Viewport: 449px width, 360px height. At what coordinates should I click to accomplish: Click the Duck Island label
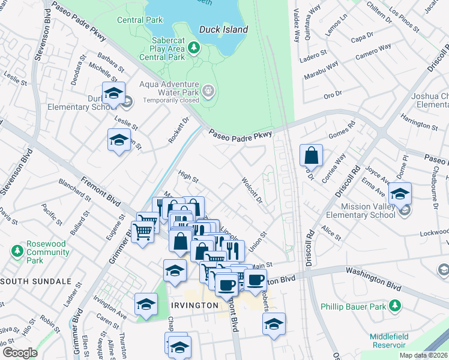click(223, 29)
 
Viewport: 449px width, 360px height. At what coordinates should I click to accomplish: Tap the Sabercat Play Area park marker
click(193, 46)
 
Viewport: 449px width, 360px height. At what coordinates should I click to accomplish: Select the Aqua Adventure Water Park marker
click(208, 91)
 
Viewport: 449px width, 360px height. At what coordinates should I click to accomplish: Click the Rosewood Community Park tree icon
click(17, 249)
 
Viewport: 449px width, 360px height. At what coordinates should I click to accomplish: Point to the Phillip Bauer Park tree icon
click(395, 306)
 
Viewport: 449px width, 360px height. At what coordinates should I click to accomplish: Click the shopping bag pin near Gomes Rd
click(311, 156)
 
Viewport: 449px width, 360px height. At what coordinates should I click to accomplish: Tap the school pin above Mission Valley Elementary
click(400, 194)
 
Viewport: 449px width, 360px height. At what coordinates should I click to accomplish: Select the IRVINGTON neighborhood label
click(193, 305)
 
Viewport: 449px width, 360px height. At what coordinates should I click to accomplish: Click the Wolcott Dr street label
click(252, 189)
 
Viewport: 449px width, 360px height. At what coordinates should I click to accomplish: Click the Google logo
click(20, 352)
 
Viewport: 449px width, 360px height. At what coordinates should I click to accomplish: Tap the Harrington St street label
click(420, 124)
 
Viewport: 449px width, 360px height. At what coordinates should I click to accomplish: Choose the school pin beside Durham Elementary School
click(113, 94)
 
